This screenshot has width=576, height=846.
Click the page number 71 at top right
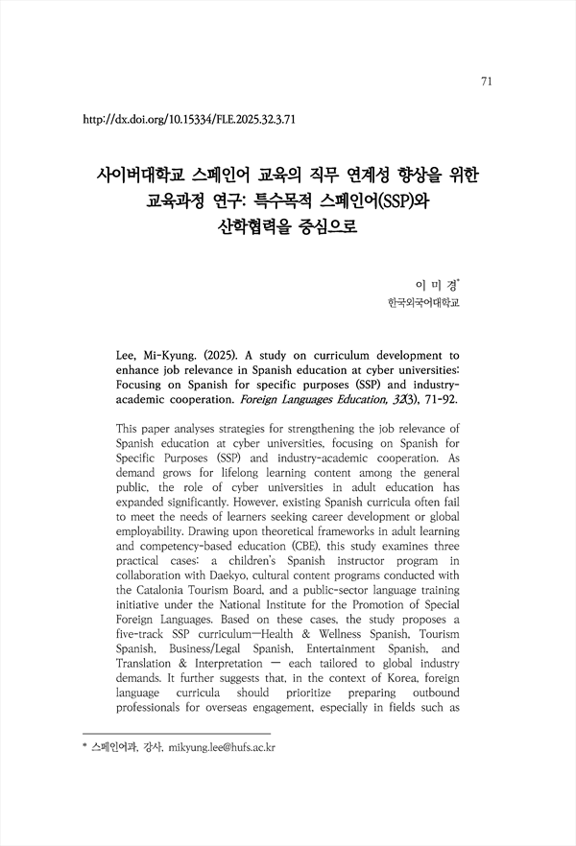[x=486, y=82]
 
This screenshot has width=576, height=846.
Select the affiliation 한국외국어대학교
[x=422, y=305]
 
